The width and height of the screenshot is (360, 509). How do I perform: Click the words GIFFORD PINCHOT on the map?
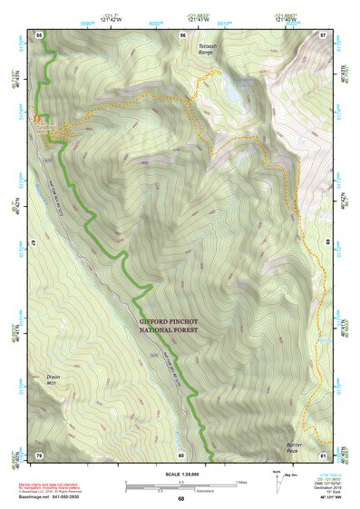172,320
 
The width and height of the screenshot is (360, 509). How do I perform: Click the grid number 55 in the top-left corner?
39,34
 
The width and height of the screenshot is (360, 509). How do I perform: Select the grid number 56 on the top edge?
182,34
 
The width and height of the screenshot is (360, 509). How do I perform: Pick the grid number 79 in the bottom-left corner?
39,454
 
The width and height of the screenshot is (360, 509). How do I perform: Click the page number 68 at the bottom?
180,498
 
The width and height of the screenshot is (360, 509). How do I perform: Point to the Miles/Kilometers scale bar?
181,485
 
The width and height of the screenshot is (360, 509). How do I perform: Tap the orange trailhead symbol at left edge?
38,119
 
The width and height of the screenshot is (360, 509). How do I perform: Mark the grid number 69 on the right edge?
326,243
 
